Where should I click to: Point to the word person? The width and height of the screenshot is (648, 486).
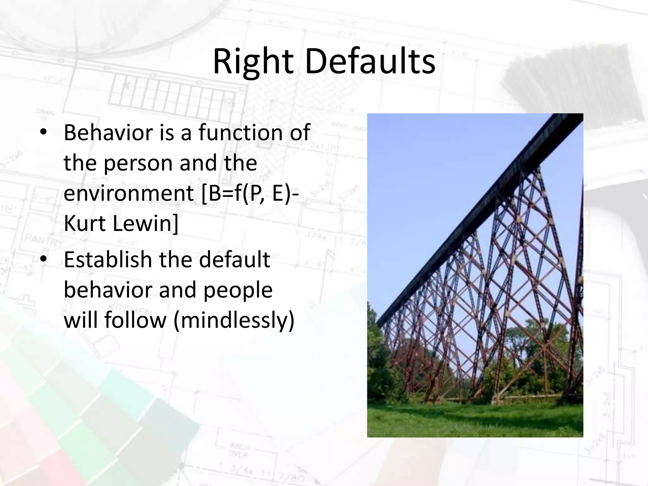point(138,163)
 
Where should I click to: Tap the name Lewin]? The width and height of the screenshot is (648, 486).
point(145,223)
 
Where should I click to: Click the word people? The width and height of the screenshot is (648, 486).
point(238,290)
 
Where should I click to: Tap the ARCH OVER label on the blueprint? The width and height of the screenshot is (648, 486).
point(240,451)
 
